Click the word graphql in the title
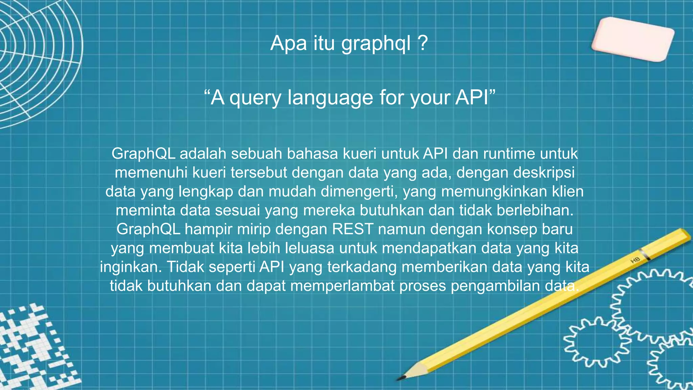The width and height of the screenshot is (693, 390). point(376,44)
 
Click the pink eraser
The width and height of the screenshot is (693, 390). point(633,40)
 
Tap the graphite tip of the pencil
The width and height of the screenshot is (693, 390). point(401,377)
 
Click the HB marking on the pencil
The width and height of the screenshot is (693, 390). point(635,260)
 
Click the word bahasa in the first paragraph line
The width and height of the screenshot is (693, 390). point(312,154)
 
